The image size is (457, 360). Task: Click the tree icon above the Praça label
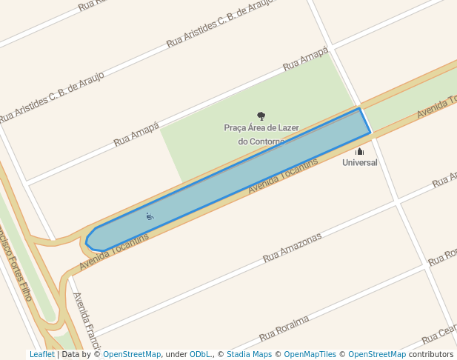(x=261, y=116)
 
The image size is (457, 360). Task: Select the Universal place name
(x=360, y=162)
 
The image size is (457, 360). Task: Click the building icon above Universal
(x=360, y=151)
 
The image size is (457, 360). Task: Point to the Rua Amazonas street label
(x=293, y=248)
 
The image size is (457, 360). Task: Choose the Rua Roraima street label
(x=284, y=329)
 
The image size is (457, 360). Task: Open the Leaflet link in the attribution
(x=41, y=355)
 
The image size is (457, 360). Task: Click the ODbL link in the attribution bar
(x=200, y=355)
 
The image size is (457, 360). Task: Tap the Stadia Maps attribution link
(x=249, y=355)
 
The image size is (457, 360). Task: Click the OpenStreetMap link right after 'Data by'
(x=132, y=355)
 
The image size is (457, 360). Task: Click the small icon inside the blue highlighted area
(x=150, y=216)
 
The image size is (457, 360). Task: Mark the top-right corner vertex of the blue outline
(x=359, y=108)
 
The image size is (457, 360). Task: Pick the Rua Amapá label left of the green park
(x=136, y=134)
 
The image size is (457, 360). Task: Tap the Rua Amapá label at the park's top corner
(x=305, y=61)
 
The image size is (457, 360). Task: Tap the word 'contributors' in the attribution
(x=430, y=355)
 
